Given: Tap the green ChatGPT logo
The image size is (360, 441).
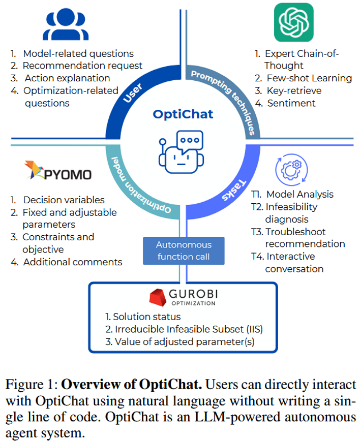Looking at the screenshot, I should [x=293, y=23].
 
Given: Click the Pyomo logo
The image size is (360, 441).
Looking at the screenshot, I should [x=58, y=172].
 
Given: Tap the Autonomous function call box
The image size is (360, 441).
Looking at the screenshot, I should [x=183, y=250].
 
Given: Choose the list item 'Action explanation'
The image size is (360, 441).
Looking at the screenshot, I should [x=67, y=78].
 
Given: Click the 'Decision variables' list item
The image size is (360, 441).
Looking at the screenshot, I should [x=64, y=200].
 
